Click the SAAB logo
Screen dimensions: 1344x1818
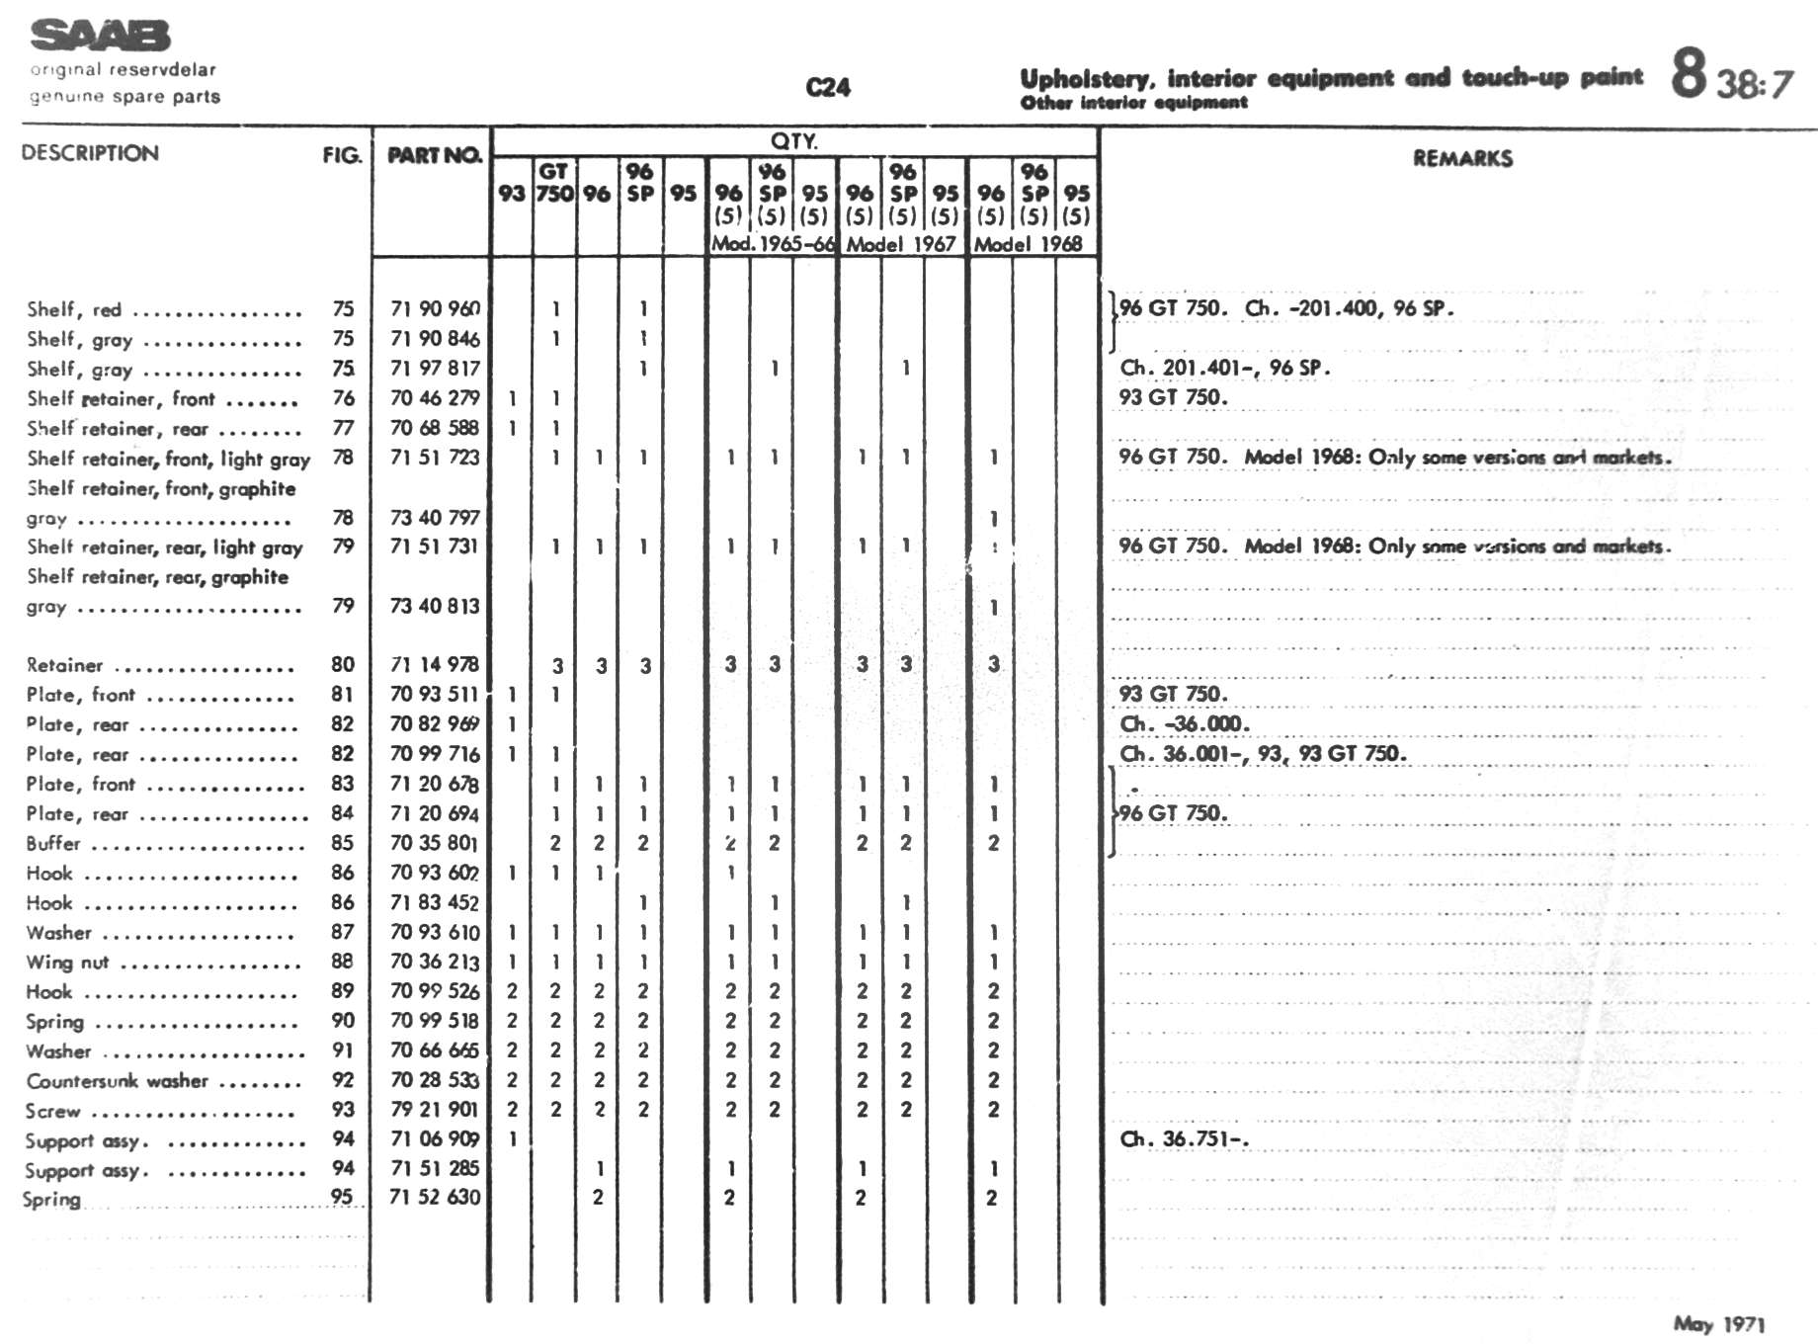tap(100, 36)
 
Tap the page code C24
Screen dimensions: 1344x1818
tap(827, 88)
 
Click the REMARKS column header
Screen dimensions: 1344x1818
tap(1461, 158)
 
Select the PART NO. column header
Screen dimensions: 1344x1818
tap(434, 155)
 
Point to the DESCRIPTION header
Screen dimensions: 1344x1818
tap(90, 153)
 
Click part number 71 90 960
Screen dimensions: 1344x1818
tap(435, 309)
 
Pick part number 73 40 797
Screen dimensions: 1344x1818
tap(435, 518)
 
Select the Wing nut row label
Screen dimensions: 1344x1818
tap(67, 963)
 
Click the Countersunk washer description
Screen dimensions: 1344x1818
tap(117, 1081)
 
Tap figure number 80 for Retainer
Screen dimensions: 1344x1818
tap(343, 665)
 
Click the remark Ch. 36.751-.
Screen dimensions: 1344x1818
tap(1184, 1139)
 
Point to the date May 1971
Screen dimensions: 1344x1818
tap(1718, 1324)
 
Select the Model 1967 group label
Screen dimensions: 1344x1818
tap(900, 244)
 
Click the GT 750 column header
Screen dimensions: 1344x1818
tap(554, 183)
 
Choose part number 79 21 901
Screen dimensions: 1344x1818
tap(435, 1110)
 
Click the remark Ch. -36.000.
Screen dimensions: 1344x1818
tap(1184, 724)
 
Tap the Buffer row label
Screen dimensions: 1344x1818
tap(53, 844)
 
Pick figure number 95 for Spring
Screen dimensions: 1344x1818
tap(342, 1197)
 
